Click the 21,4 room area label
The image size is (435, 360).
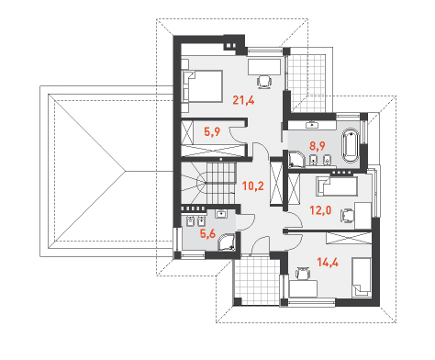[243, 100]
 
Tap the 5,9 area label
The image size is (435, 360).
[212, 132]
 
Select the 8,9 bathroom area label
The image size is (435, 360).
[317, 146]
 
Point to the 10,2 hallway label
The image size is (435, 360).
[253, 186]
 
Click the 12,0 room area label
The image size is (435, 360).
[320, 210]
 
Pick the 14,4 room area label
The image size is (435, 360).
[328, 263]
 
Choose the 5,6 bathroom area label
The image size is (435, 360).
[207, 233]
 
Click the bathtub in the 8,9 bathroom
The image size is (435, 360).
[351, 146]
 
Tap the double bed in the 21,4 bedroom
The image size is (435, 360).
[202, 86]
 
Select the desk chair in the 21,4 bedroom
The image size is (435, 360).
[264, 82]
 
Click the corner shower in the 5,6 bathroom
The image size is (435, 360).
[227, 242]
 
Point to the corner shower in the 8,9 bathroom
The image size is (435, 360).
[296, 159]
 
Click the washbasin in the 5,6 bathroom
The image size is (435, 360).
[220, 213]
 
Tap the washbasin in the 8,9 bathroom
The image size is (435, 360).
[312, 125]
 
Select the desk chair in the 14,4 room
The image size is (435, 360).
[303, 273]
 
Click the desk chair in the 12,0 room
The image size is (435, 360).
[347, 215]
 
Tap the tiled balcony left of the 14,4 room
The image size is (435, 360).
[256, 280]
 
